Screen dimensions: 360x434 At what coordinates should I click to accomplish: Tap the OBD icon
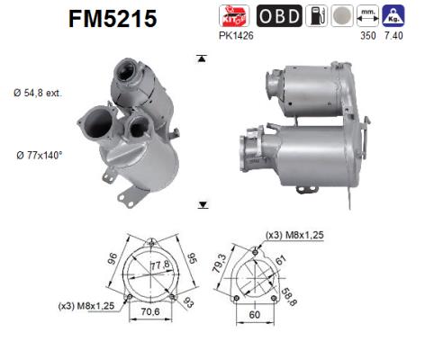(x=278, y=16)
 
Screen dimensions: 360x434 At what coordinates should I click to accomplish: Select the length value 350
(x=366, y=35)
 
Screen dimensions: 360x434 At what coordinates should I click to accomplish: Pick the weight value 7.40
(x=393, y=35)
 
